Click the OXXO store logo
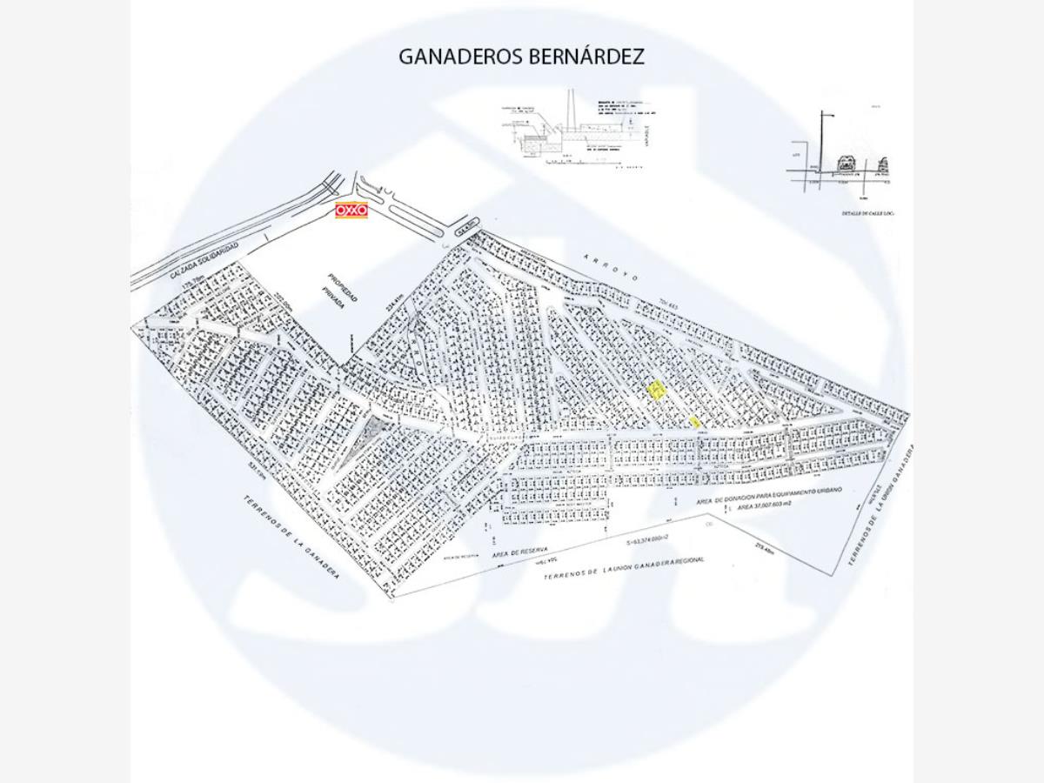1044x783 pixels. pyautogui.click(x=351, y=211)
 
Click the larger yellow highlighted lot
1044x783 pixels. pyautogui.click(x=657, y=390)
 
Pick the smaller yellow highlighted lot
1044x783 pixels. pyautogui.click(x=694, y=421)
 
